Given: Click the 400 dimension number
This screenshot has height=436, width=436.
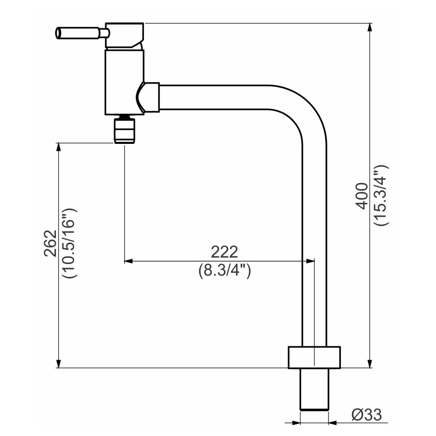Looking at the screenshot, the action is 362,196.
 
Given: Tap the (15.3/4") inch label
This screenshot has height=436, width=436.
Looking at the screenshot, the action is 380,195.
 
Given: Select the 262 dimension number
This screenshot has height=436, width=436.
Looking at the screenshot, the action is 50,243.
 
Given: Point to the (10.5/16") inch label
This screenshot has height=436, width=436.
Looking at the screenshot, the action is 69,243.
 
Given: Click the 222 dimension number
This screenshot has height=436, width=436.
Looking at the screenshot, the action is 225,252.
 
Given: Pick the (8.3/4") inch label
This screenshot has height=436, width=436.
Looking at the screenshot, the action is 225,270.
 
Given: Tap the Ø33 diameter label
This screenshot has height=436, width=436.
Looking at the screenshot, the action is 367,415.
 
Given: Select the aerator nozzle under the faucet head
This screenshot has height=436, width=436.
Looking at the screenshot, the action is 125,130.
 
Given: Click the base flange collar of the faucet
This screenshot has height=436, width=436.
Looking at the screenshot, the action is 314,358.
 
